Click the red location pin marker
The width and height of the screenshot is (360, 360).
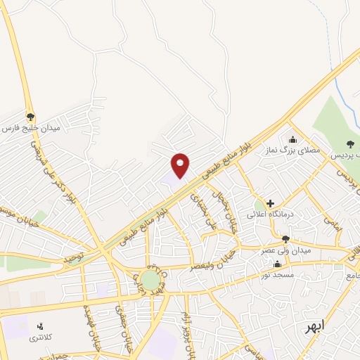[x=181, y=165]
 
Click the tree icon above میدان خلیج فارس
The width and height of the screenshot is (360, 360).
[x=30, y=116]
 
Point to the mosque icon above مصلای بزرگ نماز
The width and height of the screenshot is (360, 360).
[x=293, y=139]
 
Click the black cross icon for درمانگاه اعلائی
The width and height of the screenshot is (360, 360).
[x=270, y=203]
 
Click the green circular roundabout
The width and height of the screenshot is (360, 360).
[x=150, y=280]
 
